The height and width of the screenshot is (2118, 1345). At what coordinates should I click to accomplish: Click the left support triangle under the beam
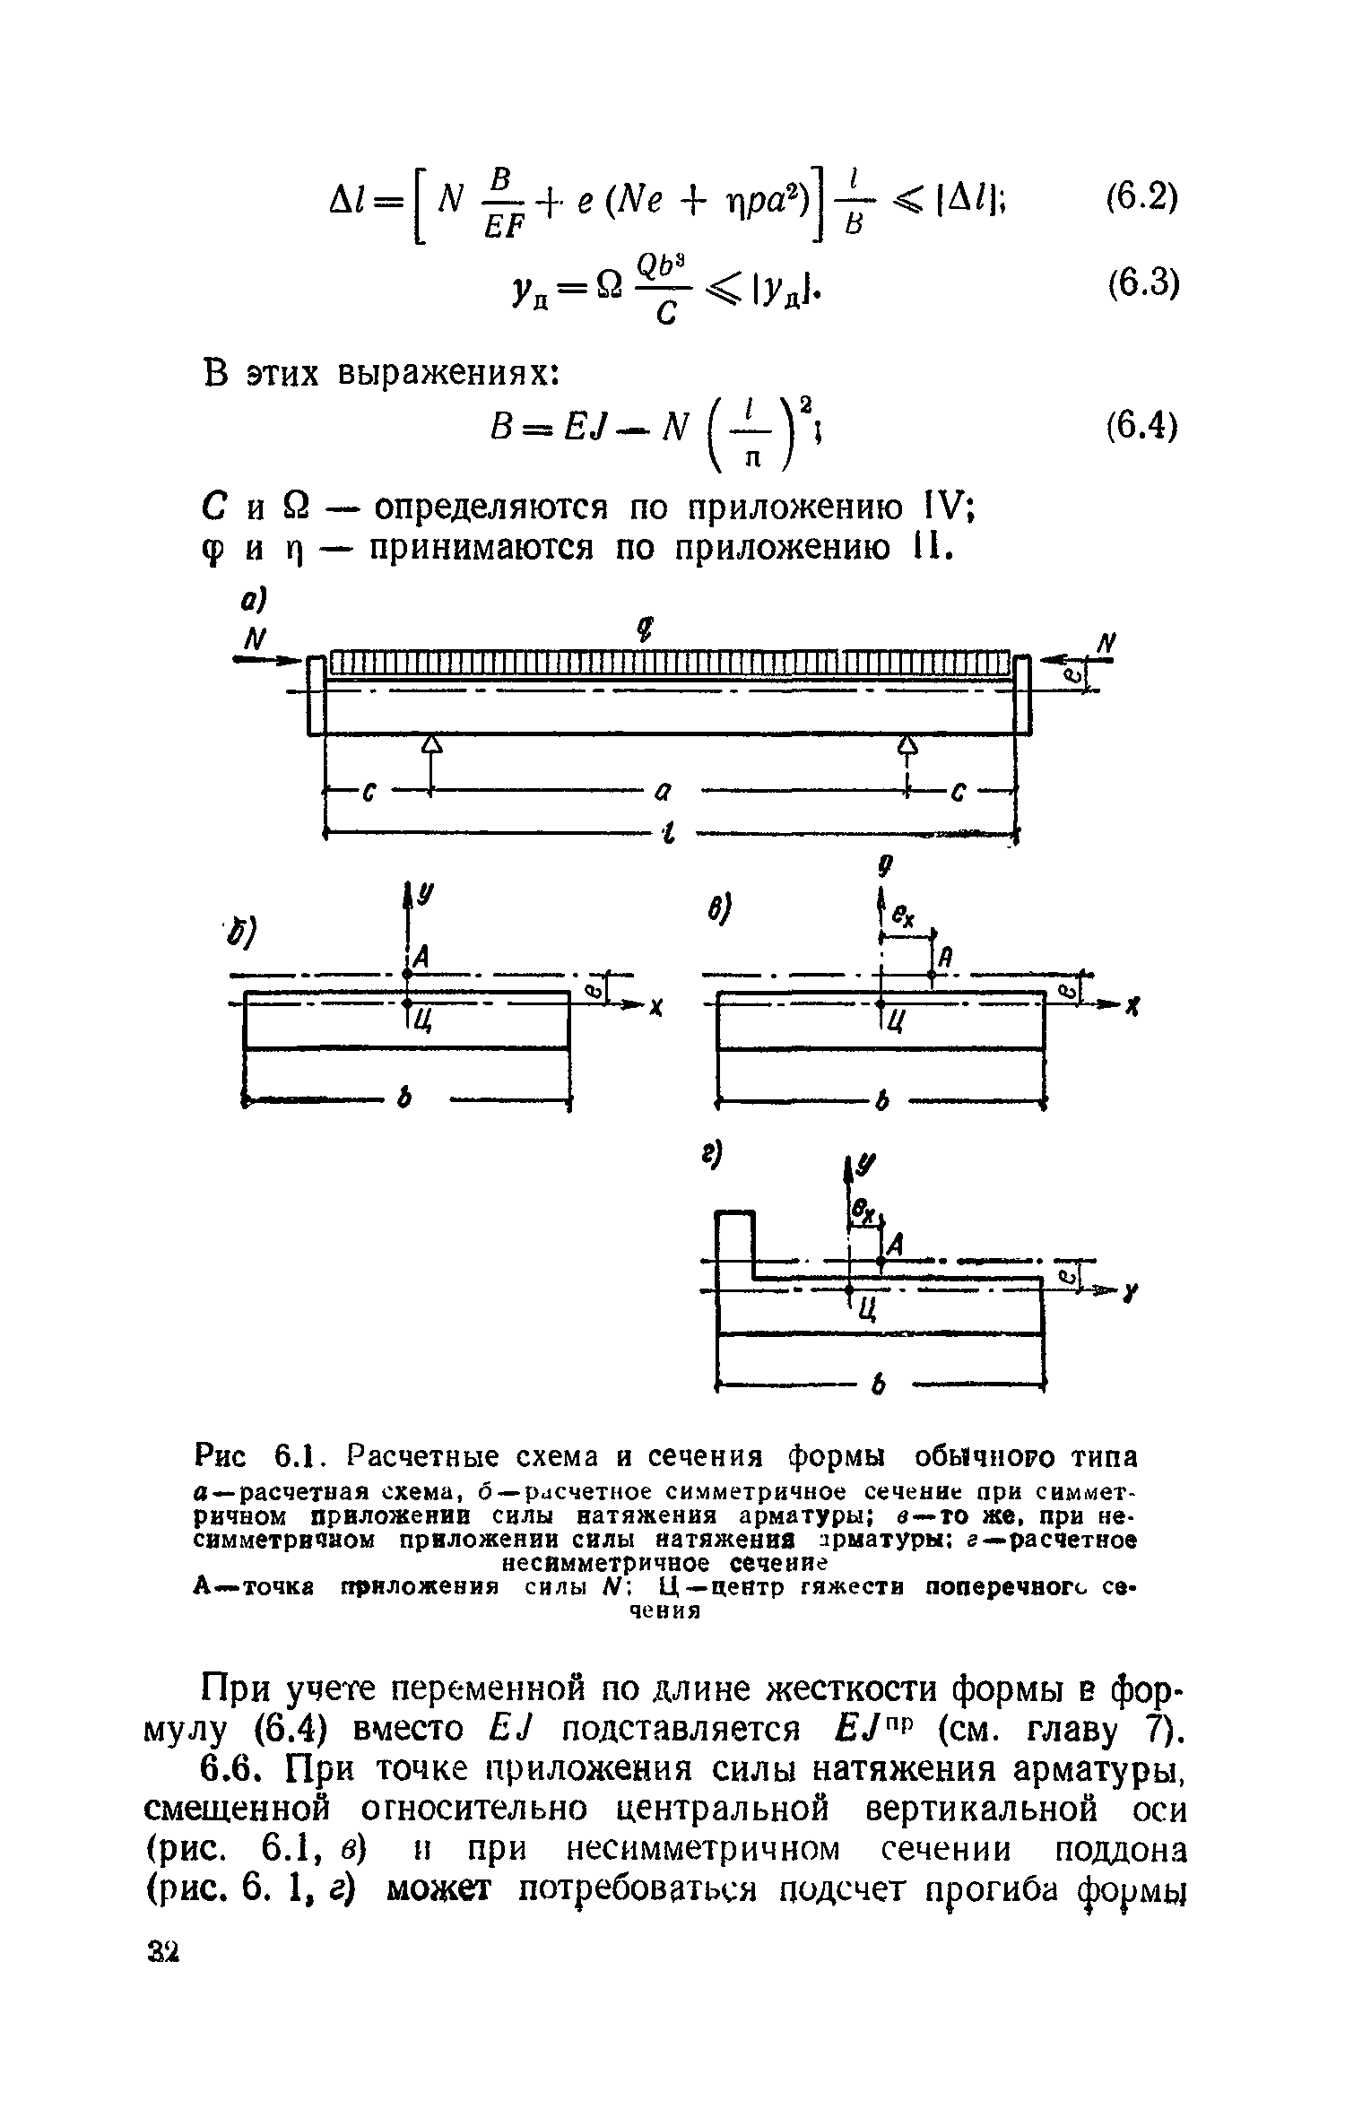[x=433, y=743]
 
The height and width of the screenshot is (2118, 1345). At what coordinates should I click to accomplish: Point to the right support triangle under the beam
[x=908, y=743]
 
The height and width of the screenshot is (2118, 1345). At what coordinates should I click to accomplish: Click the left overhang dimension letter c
[x=368, y=793]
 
